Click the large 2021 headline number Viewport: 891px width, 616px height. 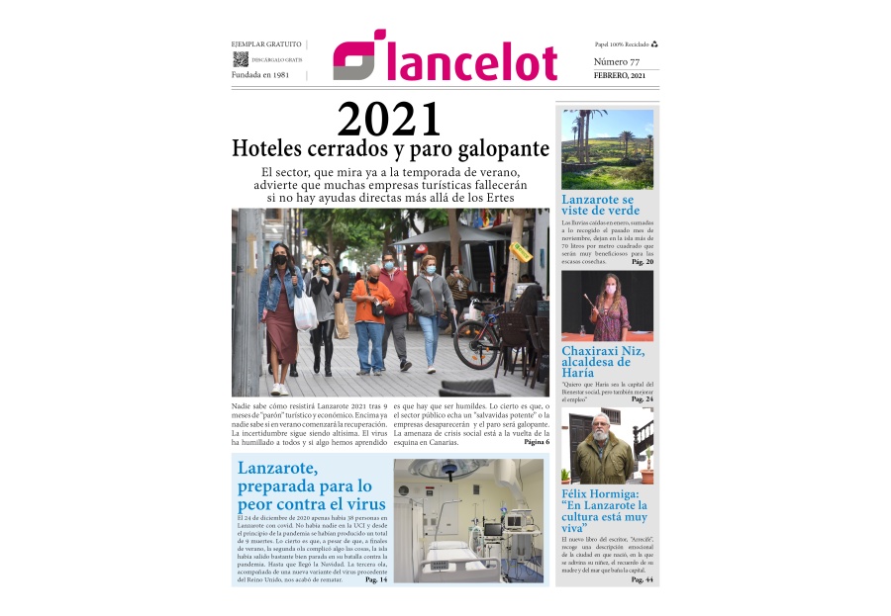pyautogui.click(x=389, y=121)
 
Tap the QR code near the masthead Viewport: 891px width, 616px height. pyautogui.click(x=240, y=59)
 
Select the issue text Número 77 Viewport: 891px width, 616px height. pyautogui.click(x=616, y=62)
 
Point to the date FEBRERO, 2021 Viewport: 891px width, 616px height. pyautogui.click(x=620, y=76)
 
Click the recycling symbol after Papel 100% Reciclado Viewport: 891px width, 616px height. pyautogui.click(x=654, y=44)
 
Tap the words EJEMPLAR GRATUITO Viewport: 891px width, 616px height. pyautogui.click(x=266, y=44)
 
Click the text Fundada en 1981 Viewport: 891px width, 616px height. pyautogui.click(x=260, y=75)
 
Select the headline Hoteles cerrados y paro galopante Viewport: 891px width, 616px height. pyautogui.click(x=389, y=149)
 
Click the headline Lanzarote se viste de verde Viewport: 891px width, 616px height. pyautogui.click(x=600, y=205)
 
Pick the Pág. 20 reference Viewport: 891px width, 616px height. pyautogui.click(x=643, y=262)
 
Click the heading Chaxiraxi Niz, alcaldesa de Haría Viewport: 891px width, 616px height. pyautogui.click(x=603, y=362)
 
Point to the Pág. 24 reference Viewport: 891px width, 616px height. pyautogui.click(x=643, y=399)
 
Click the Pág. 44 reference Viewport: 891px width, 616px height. pyautogui.click(x=643, y=579)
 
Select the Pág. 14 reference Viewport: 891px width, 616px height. pyautogui.click(x=376, y=579)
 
